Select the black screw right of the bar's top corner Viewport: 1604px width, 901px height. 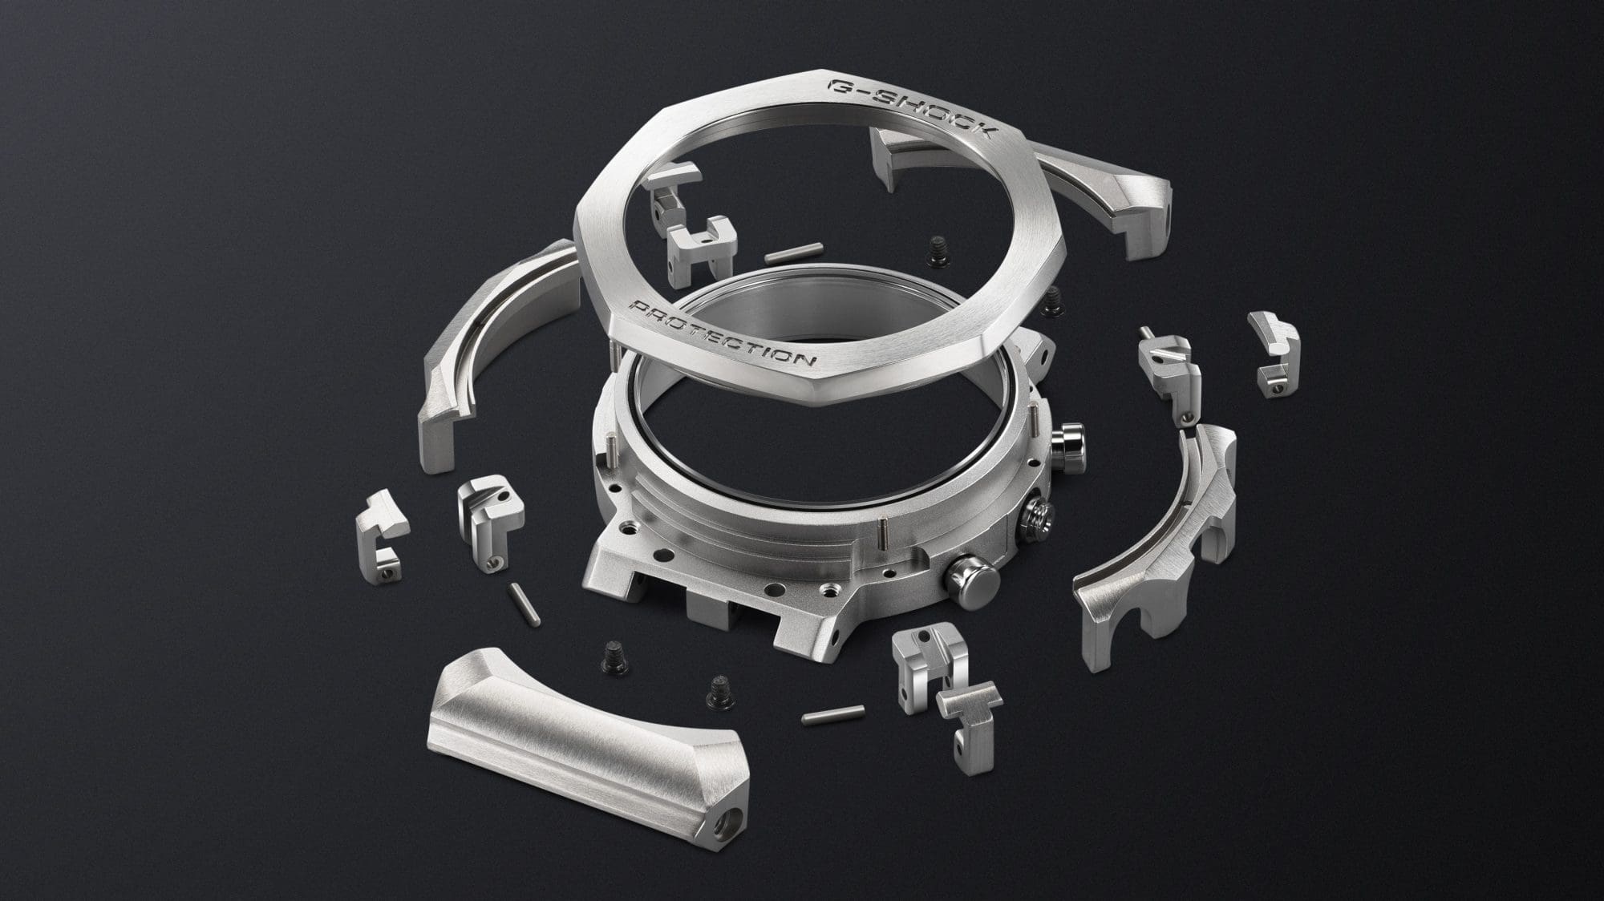[x=716, y=689]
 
